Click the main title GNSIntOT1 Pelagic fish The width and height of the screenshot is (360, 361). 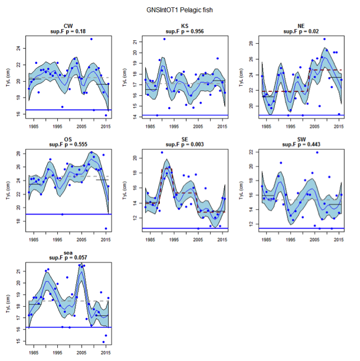tap(179, 10)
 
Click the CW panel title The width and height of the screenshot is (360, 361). tap(68, 26)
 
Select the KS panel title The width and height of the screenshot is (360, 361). tap(184, 26)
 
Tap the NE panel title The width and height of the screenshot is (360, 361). tap(301, 26)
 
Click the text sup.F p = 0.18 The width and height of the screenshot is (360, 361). tap(68, 31)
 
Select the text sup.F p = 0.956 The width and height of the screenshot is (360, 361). tap(184, 31)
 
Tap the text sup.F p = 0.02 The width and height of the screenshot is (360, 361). tap(301, 31)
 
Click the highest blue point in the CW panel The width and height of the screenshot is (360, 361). tap(91, 39)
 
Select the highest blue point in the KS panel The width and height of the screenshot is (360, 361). tap(164, 39)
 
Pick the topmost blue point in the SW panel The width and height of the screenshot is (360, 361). tap(317, 152)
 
